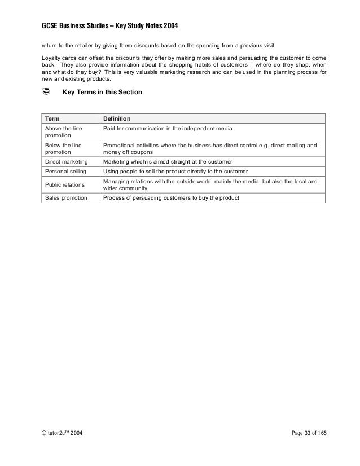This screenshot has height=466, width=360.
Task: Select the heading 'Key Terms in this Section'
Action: coord(102,92)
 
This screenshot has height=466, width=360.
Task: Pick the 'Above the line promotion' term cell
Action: coord(63,132)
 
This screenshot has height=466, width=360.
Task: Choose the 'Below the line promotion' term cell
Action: coord(63,149)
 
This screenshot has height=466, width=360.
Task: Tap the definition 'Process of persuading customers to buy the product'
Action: coord(171,197)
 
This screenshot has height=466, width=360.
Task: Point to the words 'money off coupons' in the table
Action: coord(127,152)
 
